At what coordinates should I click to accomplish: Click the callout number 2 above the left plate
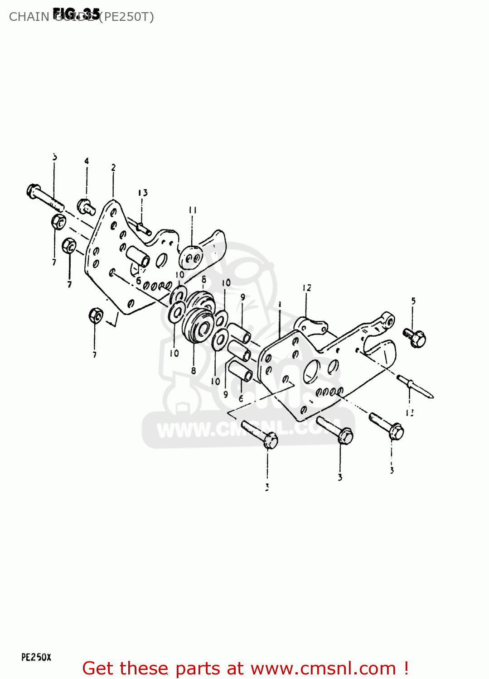click(x=113, y=168)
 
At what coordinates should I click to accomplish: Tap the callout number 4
click(x=86, y=161)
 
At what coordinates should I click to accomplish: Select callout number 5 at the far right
click(x=413, y=301)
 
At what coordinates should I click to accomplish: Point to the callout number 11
click(x=193, y=210)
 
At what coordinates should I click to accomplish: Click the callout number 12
click(x=307, y=288)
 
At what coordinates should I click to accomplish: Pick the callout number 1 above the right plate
click(x=280, y=305)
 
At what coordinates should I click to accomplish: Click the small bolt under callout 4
click(x=86, y=206)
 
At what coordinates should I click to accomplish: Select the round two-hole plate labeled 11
click(x=191, y=257)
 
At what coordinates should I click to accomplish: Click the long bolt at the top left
click(x=44, y=197)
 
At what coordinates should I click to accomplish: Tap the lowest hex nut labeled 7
click(x=96, y=315)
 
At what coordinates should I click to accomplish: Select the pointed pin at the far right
click(x=415, y=388)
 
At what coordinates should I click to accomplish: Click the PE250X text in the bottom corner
click(x=36, y=657)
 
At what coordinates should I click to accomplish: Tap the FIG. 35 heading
click(x=76, y=14)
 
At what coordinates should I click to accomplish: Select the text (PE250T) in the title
click(x=126, y=17)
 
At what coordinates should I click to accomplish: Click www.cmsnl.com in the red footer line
click(x=323, y=668)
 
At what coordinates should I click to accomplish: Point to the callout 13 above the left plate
click(x=143, y=193)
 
